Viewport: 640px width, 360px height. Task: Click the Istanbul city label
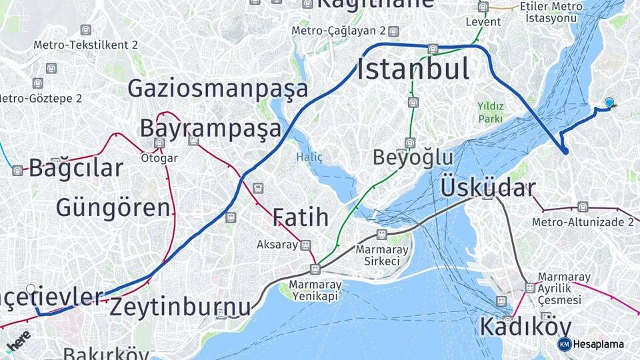(x=413, y=69)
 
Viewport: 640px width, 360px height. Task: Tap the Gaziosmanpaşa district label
(x=218, y=89)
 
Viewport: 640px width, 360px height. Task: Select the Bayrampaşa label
(x=210, y=128)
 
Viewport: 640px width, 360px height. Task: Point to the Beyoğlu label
(x=413, y=158)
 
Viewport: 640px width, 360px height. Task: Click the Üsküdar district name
(x=487, y=188)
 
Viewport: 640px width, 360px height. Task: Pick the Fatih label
(x=300, y=217)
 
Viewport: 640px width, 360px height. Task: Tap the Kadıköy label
(x=525, y=327)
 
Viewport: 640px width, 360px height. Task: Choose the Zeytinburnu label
(x=180, y=307)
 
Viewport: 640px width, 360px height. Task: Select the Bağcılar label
(x=76, y=168)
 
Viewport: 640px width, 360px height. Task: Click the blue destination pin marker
(x=609, y=102)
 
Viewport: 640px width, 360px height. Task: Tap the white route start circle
(x=31, y=289)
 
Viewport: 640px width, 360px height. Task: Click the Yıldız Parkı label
(x=489, y=111)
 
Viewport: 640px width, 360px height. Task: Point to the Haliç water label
(x=309, y=157)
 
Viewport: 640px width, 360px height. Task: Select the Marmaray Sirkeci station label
(x=377, y=255)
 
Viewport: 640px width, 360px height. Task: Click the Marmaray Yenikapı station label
(x=315, y=289)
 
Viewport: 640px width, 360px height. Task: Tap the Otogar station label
(x=159, y=158)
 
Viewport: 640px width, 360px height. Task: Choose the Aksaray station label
(x=277, y=245)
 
